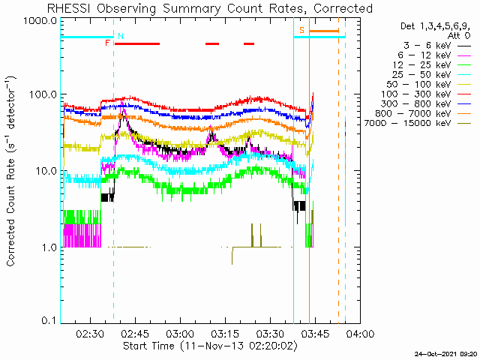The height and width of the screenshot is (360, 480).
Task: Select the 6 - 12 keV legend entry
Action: point(434,55)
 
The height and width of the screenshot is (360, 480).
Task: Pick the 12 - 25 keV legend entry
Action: point(432,65)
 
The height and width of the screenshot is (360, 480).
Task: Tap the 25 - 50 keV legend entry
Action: point(432,75)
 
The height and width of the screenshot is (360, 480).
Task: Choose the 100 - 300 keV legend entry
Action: point(426,94)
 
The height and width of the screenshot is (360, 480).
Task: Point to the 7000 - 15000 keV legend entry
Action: point(418,123)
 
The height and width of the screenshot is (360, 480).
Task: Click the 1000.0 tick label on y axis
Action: point(40,21)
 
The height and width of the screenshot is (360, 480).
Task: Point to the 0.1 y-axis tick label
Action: point(49,320)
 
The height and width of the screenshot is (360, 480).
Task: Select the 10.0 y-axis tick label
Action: point(45,171)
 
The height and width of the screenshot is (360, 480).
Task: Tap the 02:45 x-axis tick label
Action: point(135,333)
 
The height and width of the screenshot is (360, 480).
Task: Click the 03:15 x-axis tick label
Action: point(225,333)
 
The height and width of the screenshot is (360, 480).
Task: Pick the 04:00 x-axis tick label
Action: point(360,333)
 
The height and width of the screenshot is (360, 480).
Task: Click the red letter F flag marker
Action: point(107,43)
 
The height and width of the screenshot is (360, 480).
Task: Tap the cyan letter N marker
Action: point(121,36)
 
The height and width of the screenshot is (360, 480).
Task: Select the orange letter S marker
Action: point(301,30)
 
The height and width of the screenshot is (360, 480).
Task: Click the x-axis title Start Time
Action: point(148,346)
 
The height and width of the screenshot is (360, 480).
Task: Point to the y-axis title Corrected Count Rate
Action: point(11,212)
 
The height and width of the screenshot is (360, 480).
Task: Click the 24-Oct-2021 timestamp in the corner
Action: point(445,354)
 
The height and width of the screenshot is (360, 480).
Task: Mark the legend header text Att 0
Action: point(459,36)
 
